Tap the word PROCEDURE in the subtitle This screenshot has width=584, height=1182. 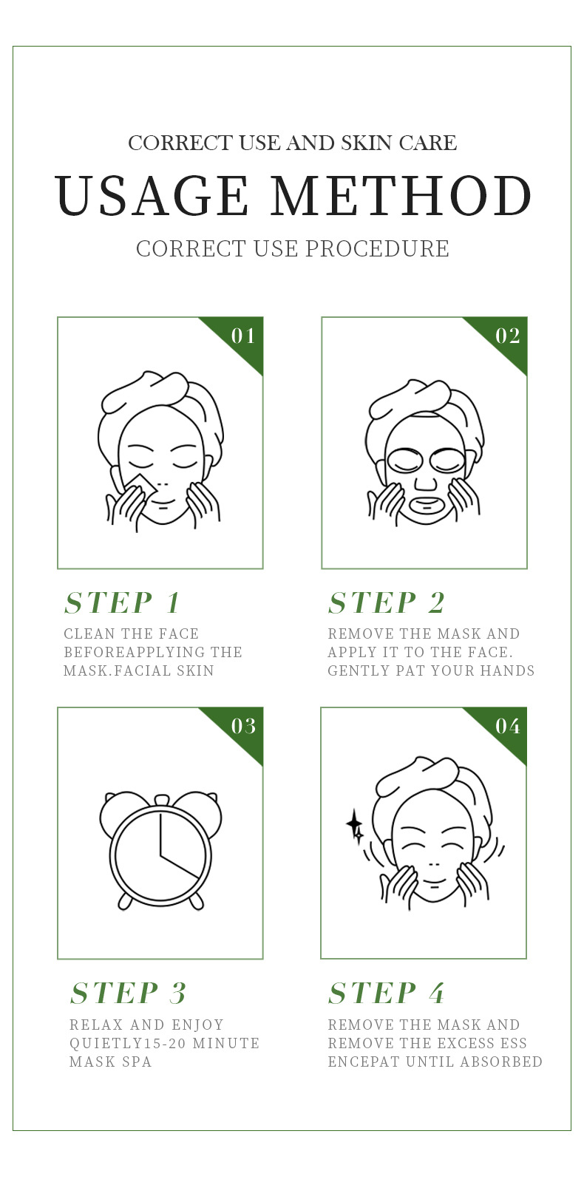[377, 248]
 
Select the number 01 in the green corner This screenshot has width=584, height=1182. [243, 336]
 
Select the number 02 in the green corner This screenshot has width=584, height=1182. [508, 336]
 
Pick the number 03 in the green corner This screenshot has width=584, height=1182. [243, 726]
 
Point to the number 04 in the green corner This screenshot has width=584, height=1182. [508, 726]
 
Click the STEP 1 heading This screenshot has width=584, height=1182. [122, 602]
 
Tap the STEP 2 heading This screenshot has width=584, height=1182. [387, 602]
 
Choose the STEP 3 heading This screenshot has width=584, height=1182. [128, 993]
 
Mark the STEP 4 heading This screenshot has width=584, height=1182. [386, 993]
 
